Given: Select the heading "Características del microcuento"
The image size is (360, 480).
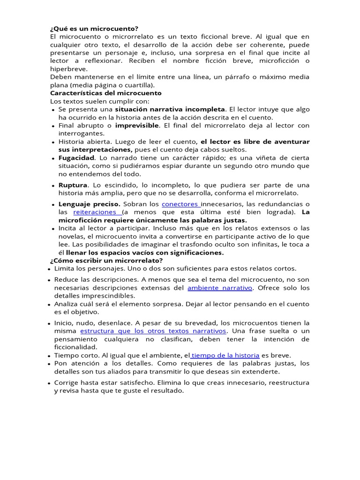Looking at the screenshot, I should tap(105, 93).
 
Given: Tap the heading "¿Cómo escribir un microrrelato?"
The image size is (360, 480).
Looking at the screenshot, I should tap(106, 260).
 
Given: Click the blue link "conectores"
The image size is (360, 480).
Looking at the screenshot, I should tap(180, 204).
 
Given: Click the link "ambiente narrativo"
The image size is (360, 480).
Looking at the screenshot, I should tap(219, 288).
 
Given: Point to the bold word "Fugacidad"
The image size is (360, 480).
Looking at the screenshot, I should tap(76, 158).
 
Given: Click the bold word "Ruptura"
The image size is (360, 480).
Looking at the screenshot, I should tap(73, 185).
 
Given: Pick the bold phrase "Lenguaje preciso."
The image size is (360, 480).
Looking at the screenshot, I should tap(90, 204).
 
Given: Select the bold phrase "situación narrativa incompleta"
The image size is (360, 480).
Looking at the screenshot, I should tap(170, 109).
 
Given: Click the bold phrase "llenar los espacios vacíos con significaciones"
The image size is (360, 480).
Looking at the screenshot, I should tap(145, 253).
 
